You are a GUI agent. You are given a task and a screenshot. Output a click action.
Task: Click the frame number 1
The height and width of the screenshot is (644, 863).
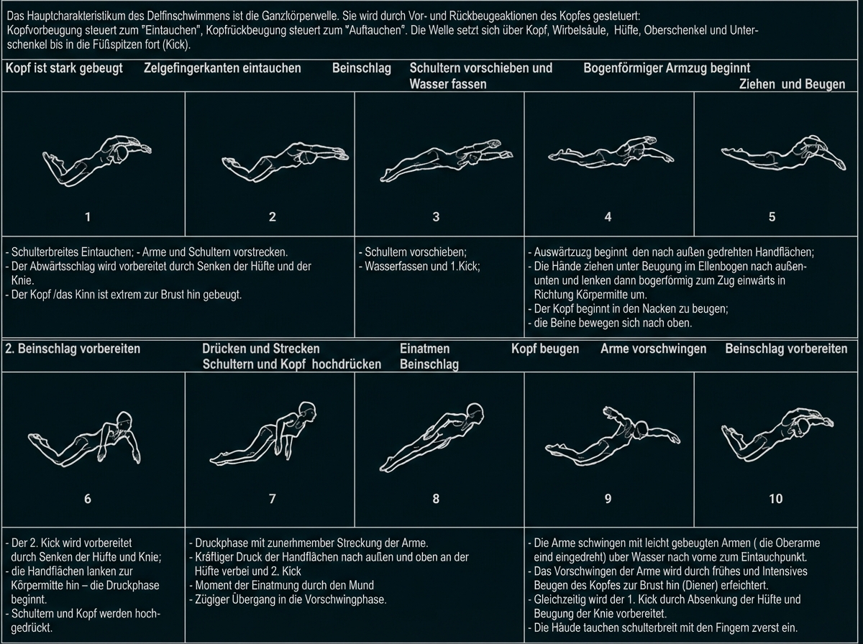(88, 216)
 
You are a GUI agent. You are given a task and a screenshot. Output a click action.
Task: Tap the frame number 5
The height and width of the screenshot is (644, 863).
(772, 216)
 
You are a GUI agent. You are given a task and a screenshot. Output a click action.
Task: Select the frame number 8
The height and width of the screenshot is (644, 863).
(436, 498)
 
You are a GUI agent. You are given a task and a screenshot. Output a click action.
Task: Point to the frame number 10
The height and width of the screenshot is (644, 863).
(775, 498)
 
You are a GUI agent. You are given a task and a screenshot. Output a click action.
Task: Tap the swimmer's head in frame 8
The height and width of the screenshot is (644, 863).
(475, 411)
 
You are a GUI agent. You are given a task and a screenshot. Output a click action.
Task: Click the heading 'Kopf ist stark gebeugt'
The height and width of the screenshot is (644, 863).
(64, 68)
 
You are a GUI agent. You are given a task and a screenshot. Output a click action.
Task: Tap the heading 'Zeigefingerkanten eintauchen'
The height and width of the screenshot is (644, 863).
(222, 68)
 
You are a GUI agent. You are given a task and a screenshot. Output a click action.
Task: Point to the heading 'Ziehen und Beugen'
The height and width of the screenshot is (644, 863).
(792, 84)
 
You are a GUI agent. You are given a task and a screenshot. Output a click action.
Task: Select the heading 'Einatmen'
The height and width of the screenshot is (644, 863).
(424, 349)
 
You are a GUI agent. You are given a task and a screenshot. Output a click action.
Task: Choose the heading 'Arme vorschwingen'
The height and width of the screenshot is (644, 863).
(653, 349)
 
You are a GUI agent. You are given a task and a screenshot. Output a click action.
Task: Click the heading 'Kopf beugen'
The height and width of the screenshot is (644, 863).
(545, 349)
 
